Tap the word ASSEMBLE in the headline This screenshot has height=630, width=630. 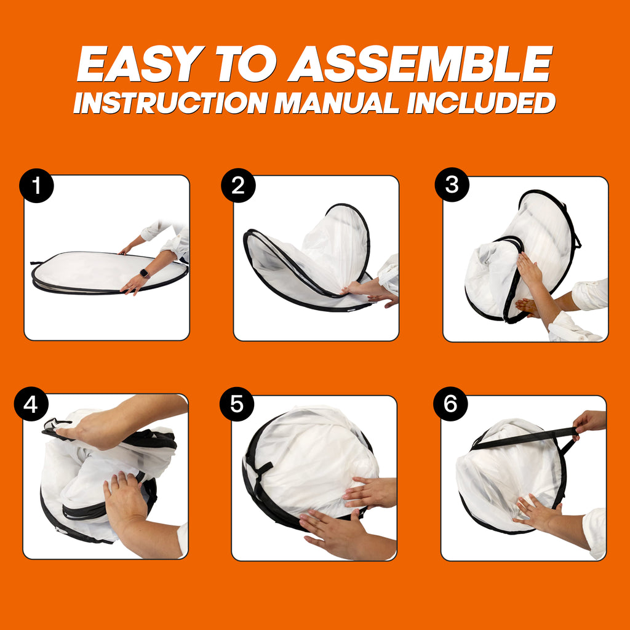click(x=420, y=64)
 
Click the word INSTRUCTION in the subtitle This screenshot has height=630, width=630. click(x=171, y=103)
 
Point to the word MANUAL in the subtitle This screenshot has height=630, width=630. click(x=337, y=103)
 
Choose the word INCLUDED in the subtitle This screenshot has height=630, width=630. click(x=481, y=103)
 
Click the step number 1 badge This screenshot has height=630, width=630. click(x=36, y=186)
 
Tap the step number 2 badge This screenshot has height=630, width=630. click(x=238, y=185)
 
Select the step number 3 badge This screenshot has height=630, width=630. click(x=452, y=185)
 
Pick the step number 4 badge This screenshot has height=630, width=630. click(x=31, y=404)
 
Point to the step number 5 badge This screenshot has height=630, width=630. click(x=237, y=404)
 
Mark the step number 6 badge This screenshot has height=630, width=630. click(x=450, y=404)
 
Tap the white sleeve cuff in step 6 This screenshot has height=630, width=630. click(x=596, y=533)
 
